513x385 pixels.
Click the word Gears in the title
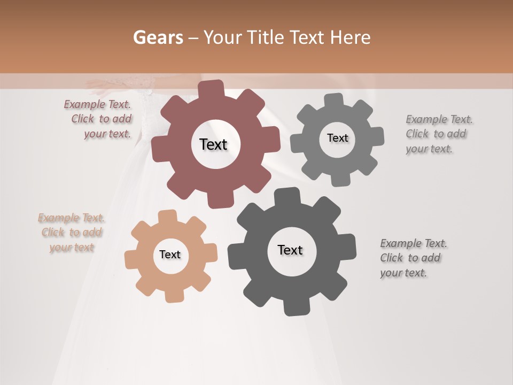pyautogui.click(x=158, y=37)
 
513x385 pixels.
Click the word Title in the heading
pyautogui.click(x=265, y=37)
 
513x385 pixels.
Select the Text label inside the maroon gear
pyautogui.click(x=213, y=144)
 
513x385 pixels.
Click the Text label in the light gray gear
pyautogui.click(x=337, y=138)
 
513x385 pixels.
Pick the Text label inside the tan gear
pyautogui.click(x=170, y=255)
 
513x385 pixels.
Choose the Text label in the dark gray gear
pyautogui.click(x=290, y=250)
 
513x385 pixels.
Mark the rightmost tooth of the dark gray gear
pyautogui.click(x=349, y=248)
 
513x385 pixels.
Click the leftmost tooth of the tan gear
pyautogui.click(x=130, y=259)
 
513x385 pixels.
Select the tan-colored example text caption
pyautogui.click(x=72, y=233)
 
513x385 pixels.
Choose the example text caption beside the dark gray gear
pyautogui.click(x=414, y=258)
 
